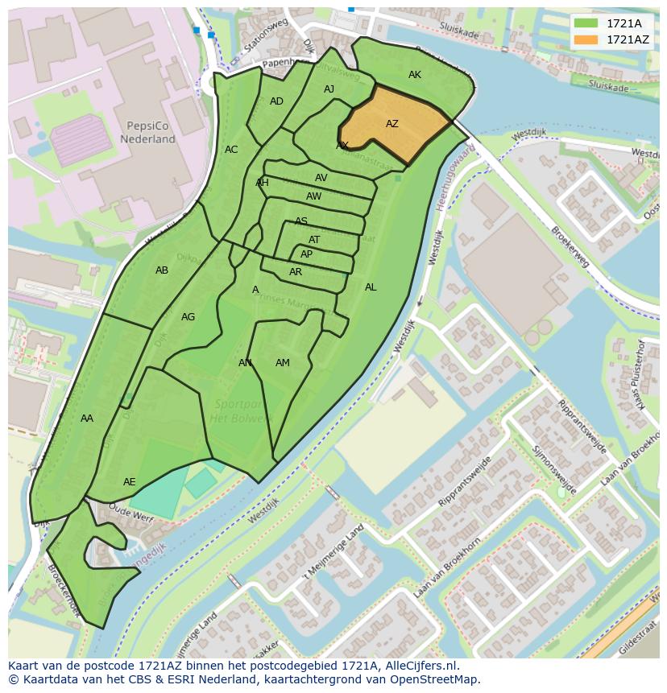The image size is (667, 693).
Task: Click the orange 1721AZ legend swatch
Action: (x=586, y=39)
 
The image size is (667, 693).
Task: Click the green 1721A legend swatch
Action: (x=586, y=23)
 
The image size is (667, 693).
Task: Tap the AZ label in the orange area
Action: (x=392, y=124)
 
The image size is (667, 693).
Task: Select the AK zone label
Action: (x=415, y=75)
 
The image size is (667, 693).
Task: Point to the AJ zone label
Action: (x=329, y=89)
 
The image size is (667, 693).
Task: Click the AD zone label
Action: (x=276, y=101)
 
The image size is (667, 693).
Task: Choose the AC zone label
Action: (x=231, y=150)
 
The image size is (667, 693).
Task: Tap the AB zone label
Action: (x=162, y=270)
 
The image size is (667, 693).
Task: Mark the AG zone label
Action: (x=188, y=317)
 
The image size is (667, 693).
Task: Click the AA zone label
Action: (x=87, y=419)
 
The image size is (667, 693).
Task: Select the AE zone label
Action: (x=130, y=482)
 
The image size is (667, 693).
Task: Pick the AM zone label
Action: (x=283, y=363)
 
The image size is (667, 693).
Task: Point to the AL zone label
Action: (x=371, y=287)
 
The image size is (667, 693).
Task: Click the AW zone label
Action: (x=314, y=196)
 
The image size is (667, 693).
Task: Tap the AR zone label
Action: (x=296, y=272)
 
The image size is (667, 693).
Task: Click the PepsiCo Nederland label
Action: (x=147, y=133)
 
